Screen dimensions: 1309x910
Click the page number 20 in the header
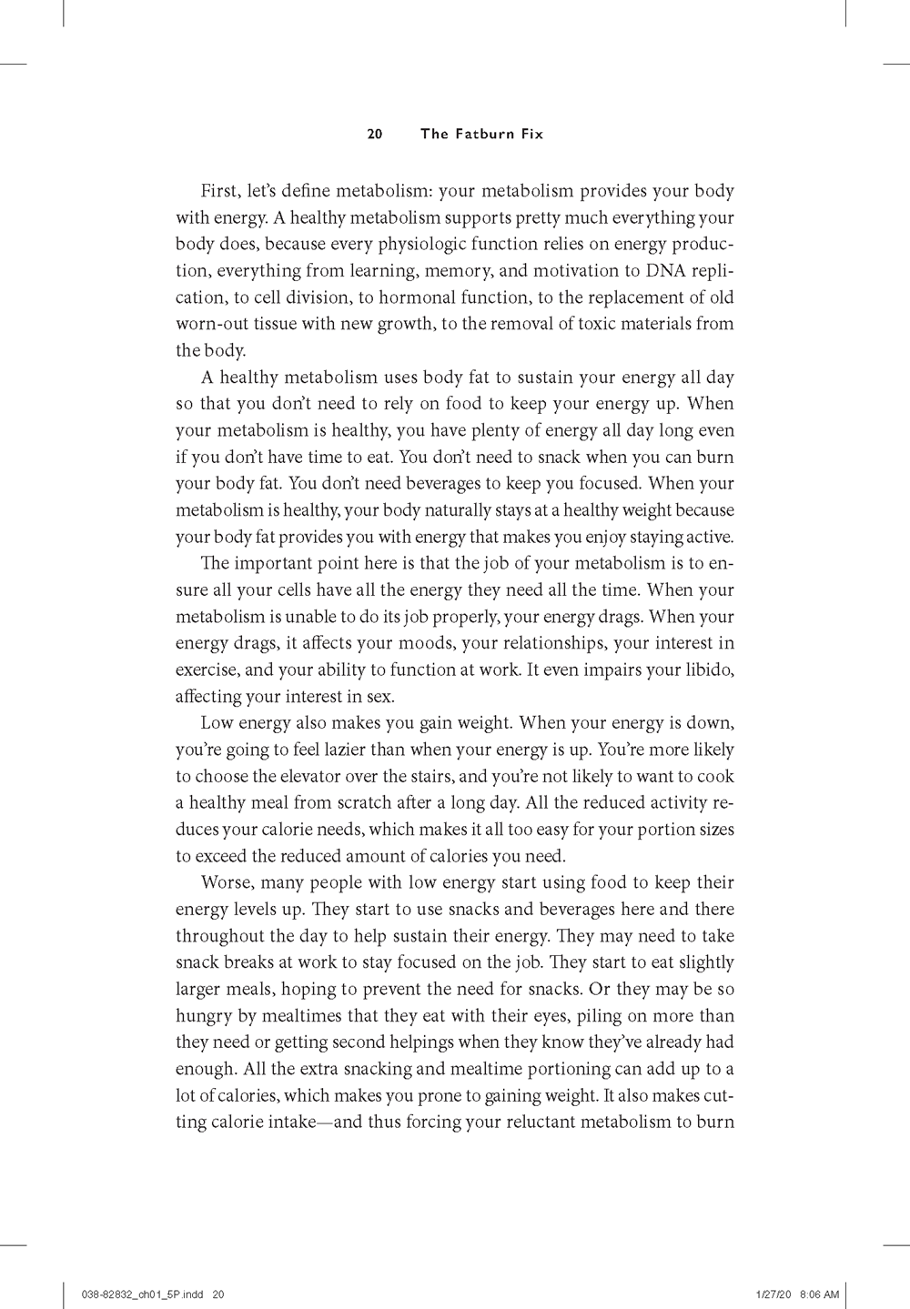pyautogui.click(x=374, y=134)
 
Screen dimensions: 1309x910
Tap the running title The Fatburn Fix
pyautogui.click(x=481, y=134)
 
